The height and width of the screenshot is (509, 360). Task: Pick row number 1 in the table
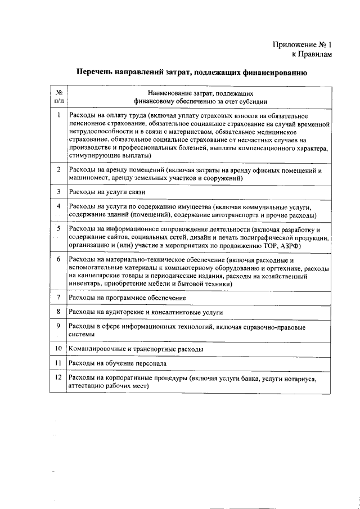point(58,115)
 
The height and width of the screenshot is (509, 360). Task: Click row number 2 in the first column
point(58,169)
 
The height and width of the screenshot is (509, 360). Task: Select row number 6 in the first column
point(58,259)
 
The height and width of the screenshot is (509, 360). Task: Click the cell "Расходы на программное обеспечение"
point(127,296)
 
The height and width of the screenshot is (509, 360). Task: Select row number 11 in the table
point(58,363)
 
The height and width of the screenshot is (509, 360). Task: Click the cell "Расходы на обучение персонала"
point(116,364)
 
